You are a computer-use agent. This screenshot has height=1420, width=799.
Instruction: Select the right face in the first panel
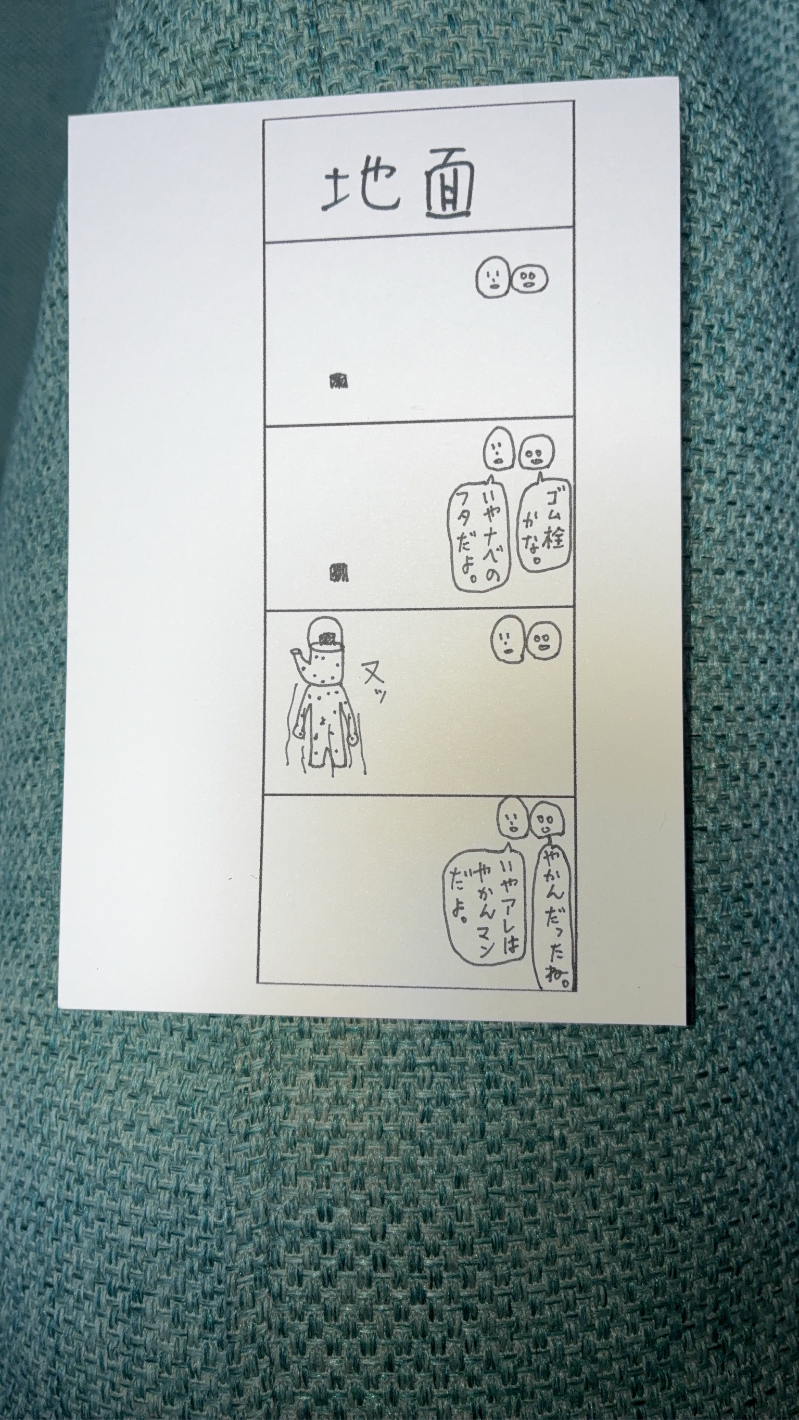point(530,279)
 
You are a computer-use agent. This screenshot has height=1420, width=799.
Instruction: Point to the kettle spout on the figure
point(300,656)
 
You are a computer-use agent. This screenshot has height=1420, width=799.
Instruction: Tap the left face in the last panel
point(513,819)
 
